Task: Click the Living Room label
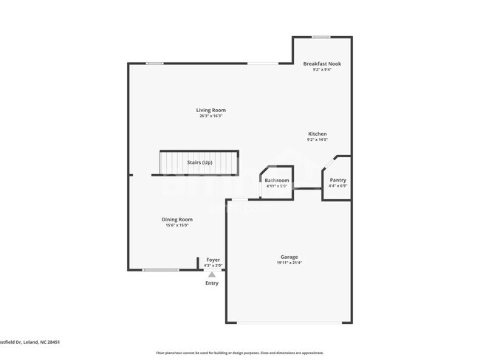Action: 210,110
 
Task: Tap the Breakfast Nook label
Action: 322,64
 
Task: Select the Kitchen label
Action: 318,134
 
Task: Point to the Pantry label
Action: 337,180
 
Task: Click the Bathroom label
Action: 278,180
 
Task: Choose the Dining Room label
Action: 177,219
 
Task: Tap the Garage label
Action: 289,257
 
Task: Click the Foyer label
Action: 213,260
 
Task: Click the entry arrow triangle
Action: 212,274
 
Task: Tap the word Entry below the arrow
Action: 212,283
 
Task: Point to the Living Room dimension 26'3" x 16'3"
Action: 210,116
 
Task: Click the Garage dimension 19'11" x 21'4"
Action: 289,263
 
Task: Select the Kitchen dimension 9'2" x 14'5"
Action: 318,139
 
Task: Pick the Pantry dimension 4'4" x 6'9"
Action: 337,186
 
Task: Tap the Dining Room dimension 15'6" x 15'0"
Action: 177,225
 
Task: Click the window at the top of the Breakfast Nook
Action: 320,37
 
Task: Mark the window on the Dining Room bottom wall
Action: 160,270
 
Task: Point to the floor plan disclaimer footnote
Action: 239,353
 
